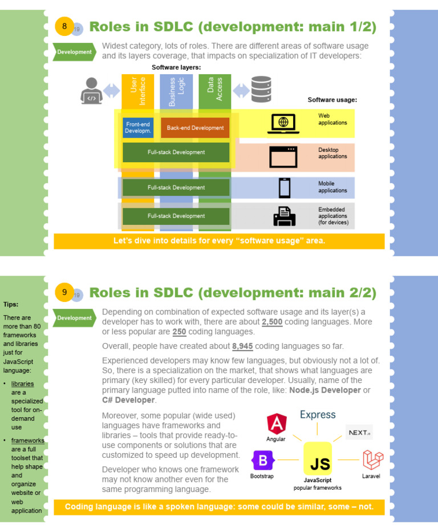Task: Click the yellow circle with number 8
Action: point(64,26)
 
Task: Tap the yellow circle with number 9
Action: point(64,292)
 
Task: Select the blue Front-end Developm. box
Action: point(139,128)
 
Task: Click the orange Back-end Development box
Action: point(195,128)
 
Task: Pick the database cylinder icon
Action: point(261,90)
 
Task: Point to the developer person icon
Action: point(91,90)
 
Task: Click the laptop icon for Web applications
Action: point(283,124)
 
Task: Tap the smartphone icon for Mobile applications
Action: point(284,188)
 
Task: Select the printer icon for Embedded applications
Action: point(284,216)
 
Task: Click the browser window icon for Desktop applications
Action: point(283,156)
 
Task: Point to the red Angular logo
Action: point(277,424)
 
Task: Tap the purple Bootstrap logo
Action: point(263,460)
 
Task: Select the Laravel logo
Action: point(372,460)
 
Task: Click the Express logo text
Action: point(318,415)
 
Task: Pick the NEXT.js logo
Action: point(359,432)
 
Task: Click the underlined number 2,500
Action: point(271,322)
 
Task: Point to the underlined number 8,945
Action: point(242,346)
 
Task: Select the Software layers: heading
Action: point(176,67)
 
